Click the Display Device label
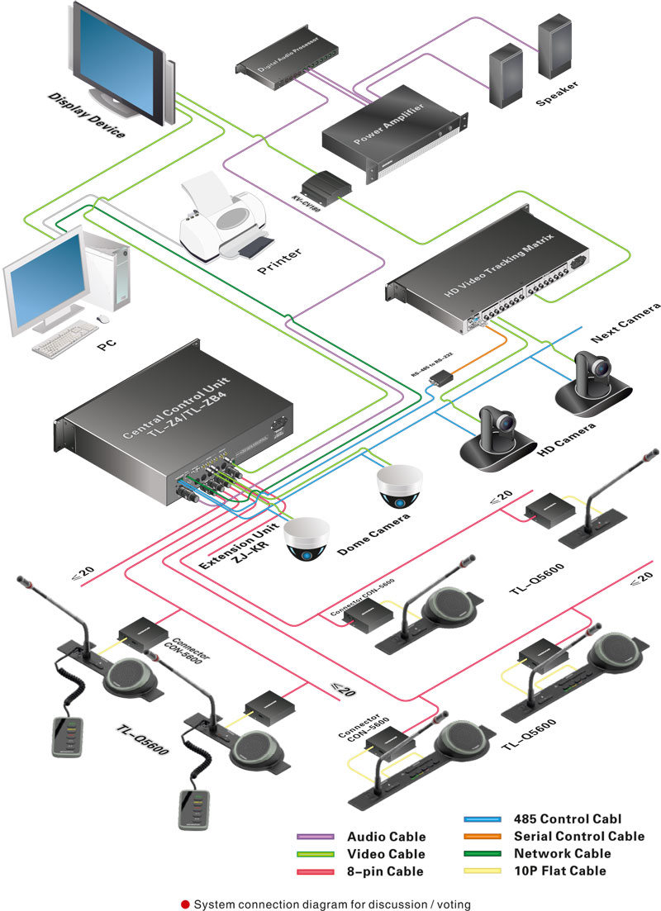pyautogui.click(x=86, y=116)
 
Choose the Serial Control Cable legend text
pyautogui.click(x=578, y=837)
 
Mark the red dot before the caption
pyautogui.click(x=185, y=904)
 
